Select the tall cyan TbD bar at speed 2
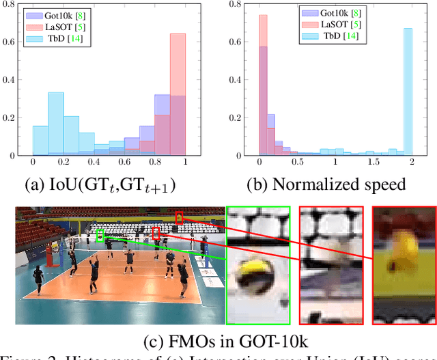(407, 92)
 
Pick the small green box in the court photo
(100, 236)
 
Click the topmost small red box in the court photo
(179, 217)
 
